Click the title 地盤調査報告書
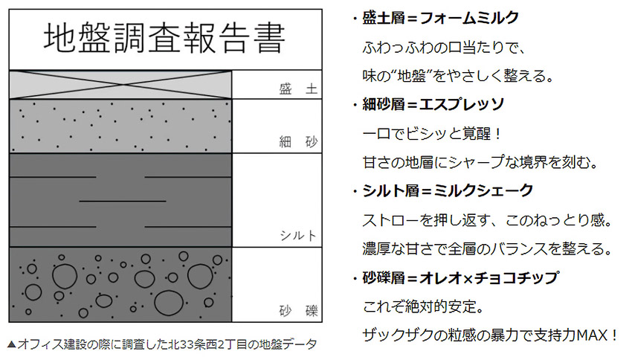point(164,39)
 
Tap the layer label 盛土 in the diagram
point(298,89)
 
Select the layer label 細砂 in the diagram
point(298,141)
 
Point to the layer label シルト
point(298,236)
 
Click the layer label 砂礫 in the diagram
point(298,311)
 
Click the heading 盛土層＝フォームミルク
point(441,18)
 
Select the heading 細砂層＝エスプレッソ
point(433,104)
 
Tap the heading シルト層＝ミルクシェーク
point(448,190)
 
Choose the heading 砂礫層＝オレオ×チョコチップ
point(460,277)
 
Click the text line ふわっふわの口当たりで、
point(444,48)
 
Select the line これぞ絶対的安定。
point(423,306)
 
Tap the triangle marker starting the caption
point(12,344)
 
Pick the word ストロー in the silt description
point(391,220)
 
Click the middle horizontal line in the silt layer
point(123,201)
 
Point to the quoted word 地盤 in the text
point(411,76)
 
